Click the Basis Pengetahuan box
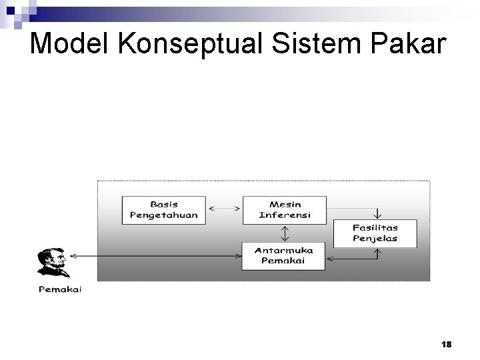pos(164,209)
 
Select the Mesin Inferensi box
pos(285,209)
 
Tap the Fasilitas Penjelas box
pos(375,233)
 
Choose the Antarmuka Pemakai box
pos(284,255)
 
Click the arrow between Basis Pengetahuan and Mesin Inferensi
pos(225,209)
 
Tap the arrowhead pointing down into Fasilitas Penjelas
pos(377,215)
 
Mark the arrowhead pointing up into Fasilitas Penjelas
pos(377,252)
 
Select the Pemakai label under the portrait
pos(59,289)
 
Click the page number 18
pos(446,344)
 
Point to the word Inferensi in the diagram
pos(285,215)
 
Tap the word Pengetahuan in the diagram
pos(164,215)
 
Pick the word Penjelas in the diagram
pos(375,239)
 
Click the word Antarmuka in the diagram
pos(284,250)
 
